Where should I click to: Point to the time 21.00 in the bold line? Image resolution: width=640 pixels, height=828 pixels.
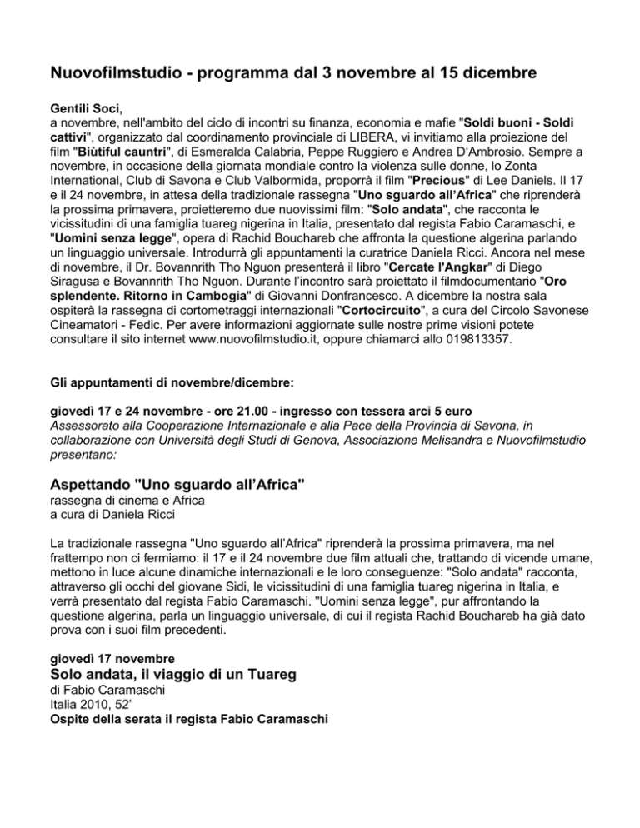(236, 412)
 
